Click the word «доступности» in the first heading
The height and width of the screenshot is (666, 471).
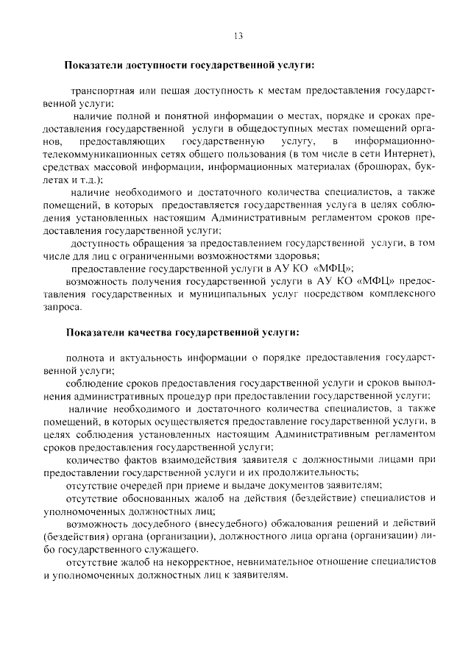click(155, 65)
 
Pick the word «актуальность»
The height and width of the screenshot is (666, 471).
click(150, 358)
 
